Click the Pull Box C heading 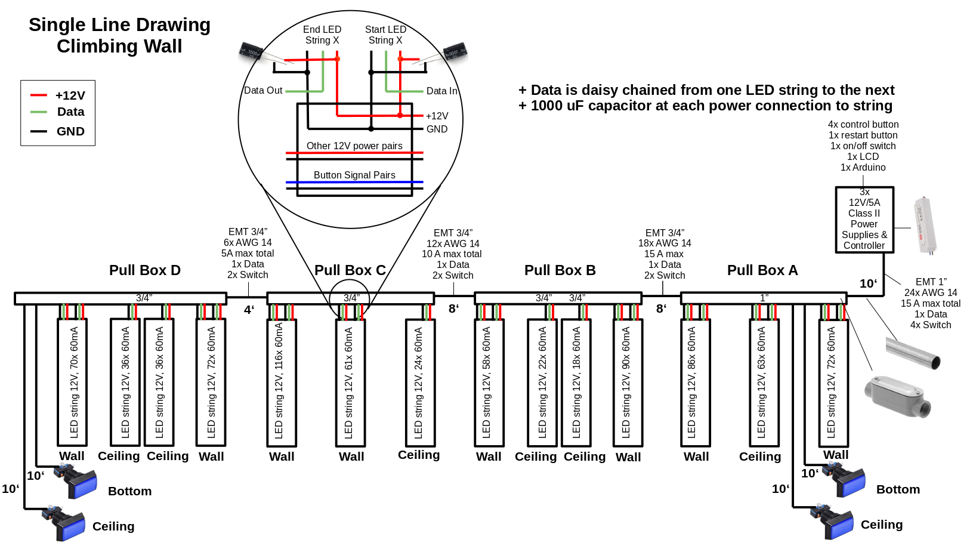350,270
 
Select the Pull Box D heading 145,270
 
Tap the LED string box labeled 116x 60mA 281,383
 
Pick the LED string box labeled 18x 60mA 576,383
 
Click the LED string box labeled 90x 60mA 628,383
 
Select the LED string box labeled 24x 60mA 419,383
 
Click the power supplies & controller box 864,220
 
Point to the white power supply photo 925,226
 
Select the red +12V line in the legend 39,95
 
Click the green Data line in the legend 39,112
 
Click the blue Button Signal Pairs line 354,182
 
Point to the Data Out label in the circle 263,91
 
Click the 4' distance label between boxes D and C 249,310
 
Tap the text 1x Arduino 863,168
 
